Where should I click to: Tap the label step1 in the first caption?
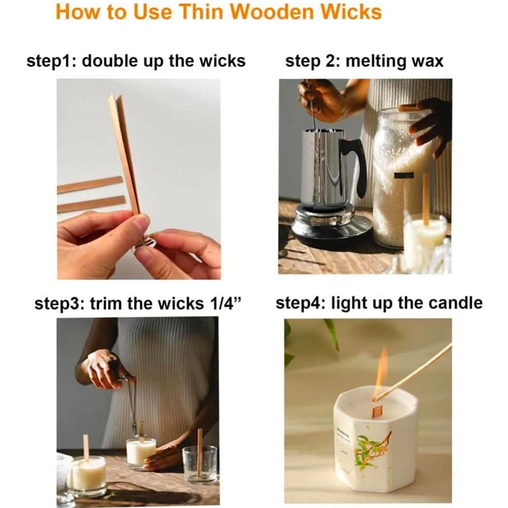click(51, 62)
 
